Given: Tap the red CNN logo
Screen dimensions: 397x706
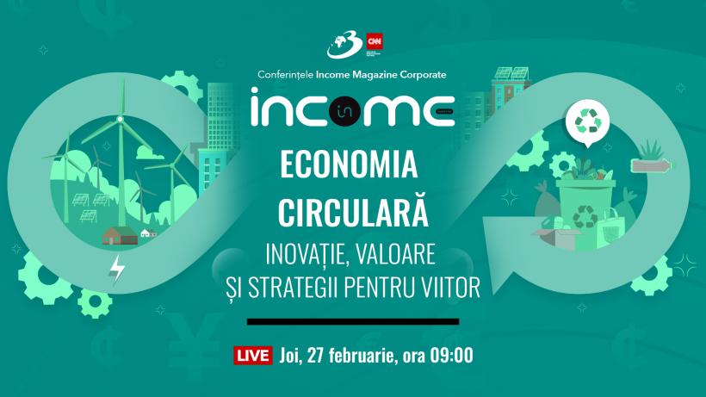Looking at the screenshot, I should (375, 40).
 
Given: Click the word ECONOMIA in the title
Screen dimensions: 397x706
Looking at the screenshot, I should (353, 164).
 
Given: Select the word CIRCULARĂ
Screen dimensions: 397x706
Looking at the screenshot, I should (353, 209).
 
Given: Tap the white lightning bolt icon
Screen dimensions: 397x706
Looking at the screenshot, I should (118, 270).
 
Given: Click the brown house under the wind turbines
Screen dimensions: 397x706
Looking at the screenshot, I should (115, 235).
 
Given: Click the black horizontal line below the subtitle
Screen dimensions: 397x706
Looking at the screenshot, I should (353, 322).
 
